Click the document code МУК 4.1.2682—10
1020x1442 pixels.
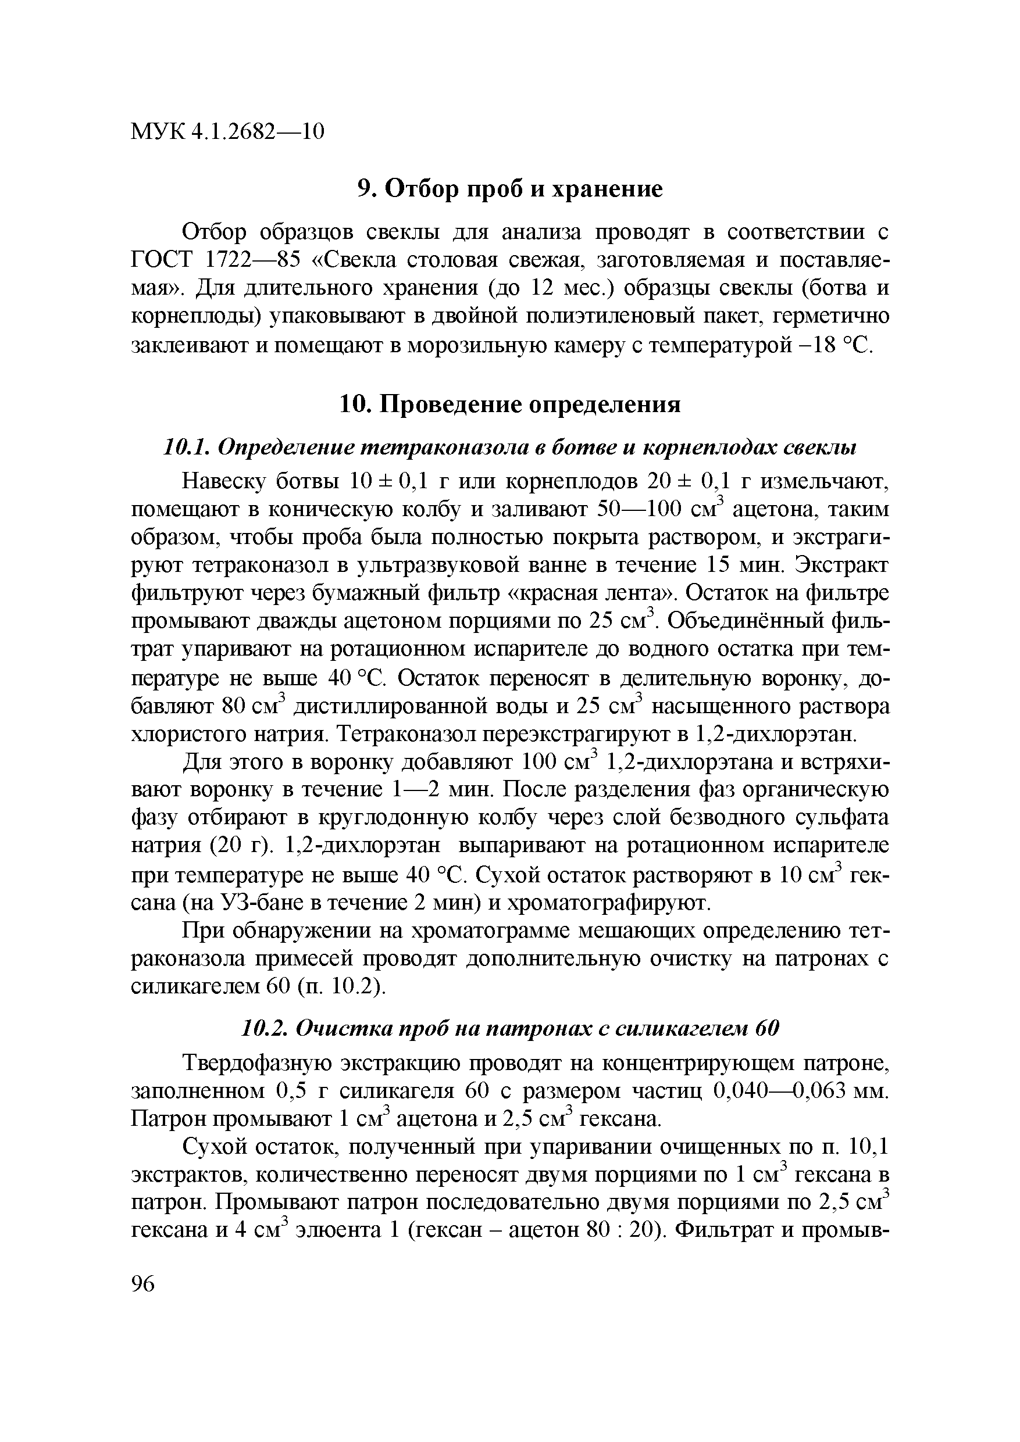[227, 131]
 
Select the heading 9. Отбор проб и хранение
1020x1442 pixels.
[509, 188]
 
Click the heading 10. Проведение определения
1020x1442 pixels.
[509, 404]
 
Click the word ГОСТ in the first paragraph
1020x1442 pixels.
[161, 260]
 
